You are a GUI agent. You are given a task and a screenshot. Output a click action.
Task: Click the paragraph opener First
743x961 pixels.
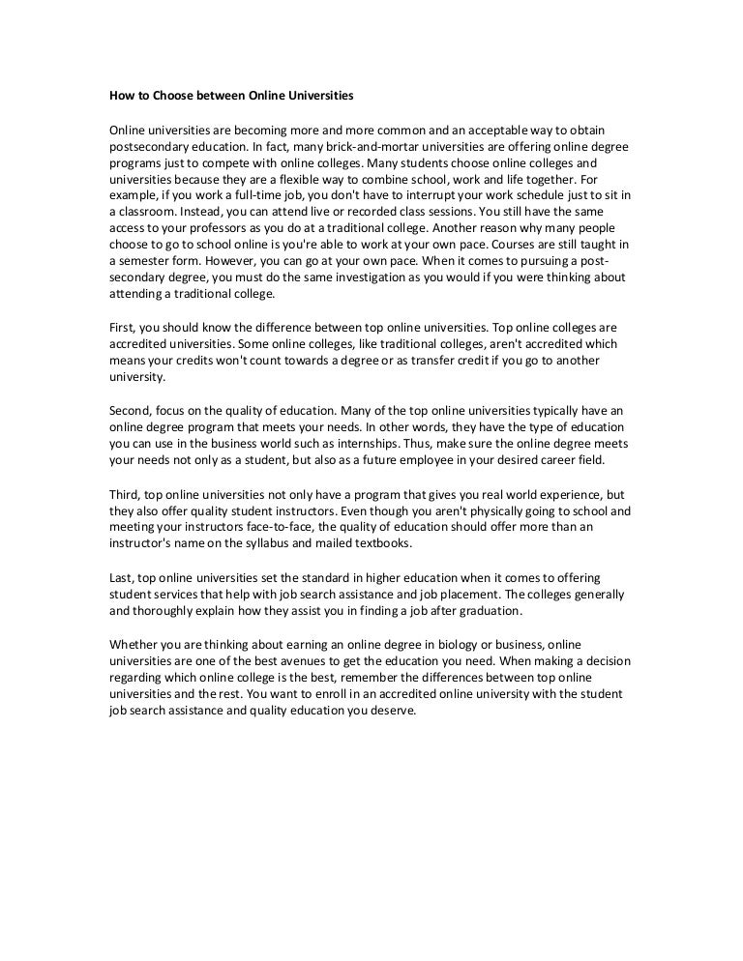120,328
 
